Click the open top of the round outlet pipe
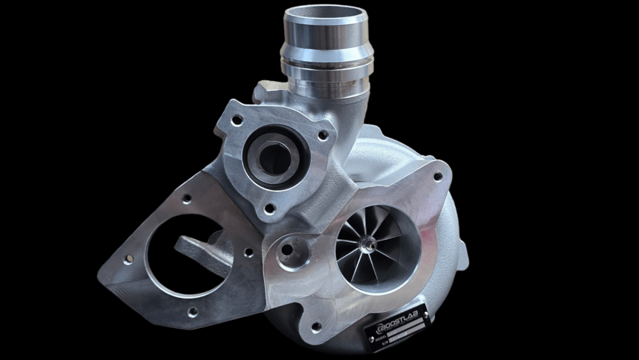click(x=326, y=13)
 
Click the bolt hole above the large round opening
click(x=186, y=200)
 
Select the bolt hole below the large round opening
click(x=192, y=311)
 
